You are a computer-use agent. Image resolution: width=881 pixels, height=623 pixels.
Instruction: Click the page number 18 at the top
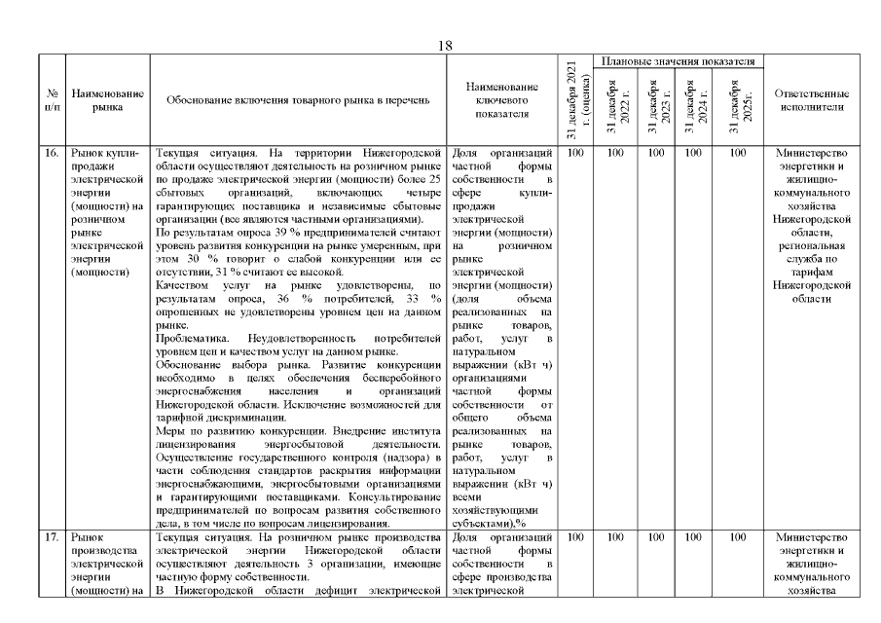pyautogui.click(x=446, y=46)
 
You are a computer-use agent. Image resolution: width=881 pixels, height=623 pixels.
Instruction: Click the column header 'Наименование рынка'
pyautogui.click(x=107, y=100)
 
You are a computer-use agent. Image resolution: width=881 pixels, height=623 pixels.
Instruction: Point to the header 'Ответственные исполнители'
pyautogui.click(x=811, y=100)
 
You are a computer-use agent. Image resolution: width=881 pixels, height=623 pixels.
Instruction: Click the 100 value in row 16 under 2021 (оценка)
pyautogui.click(x=574, y=153)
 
